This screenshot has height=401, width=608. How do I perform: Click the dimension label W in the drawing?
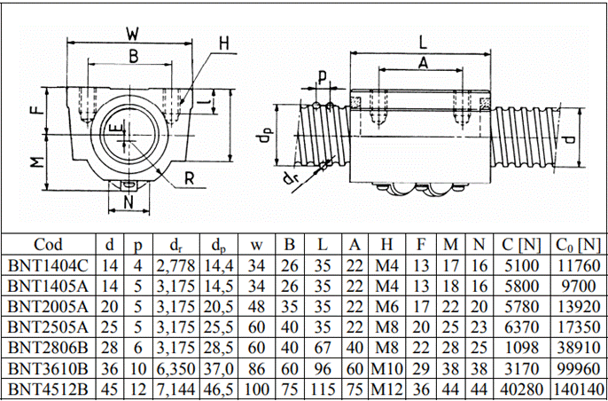[132, 35]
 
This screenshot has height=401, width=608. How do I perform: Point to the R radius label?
[190, 176]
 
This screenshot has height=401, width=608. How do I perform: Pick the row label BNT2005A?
[48, 306]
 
